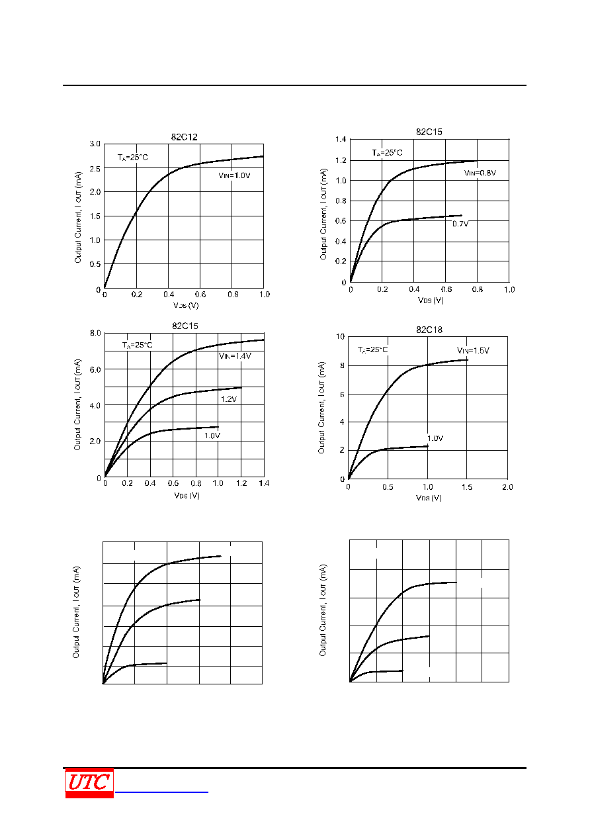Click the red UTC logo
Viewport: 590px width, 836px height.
89,782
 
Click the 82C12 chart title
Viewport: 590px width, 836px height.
185,137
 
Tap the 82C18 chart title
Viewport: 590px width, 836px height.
429,330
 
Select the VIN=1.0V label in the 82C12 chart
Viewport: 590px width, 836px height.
234,175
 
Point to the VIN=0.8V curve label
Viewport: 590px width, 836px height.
480,173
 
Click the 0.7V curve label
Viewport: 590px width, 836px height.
460,224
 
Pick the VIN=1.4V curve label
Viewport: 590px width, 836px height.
235,355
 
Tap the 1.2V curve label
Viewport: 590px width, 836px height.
229,399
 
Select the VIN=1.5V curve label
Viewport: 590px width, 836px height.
473,350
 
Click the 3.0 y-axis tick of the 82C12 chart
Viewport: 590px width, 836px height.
95,144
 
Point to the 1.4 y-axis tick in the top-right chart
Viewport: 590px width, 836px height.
341,139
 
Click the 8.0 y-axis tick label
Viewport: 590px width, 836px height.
95,333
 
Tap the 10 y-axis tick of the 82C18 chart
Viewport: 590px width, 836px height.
340,336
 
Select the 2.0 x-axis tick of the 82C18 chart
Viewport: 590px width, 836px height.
507,487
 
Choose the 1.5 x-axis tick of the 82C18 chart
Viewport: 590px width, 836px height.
466,487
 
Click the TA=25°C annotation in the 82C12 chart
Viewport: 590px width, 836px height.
133,158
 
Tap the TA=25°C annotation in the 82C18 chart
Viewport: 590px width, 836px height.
372,349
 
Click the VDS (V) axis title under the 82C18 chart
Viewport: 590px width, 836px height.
429,498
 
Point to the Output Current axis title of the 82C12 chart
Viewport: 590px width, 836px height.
77,217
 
